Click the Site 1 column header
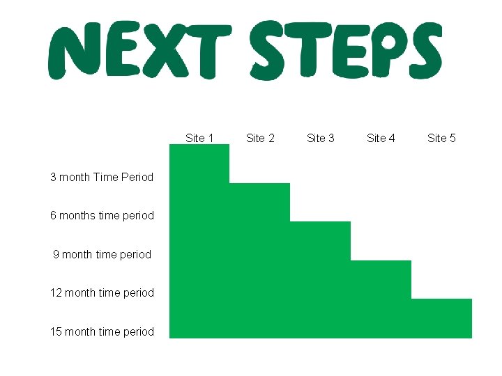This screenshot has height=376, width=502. point(199,138)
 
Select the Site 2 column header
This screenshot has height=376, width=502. point(260,138)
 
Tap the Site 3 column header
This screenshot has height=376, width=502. point(321,138)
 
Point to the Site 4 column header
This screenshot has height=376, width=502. point(381,138)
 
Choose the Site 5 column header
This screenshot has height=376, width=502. point(441,138)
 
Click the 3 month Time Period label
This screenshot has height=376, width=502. point(102,177)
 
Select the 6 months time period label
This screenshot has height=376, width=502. point(102,215)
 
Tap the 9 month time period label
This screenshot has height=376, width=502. point(102,254)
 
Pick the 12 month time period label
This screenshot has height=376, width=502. point(102,292)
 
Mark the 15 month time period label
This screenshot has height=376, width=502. point(102,331)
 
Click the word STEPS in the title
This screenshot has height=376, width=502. point(346,50)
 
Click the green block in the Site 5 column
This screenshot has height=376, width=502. point(441,318)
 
